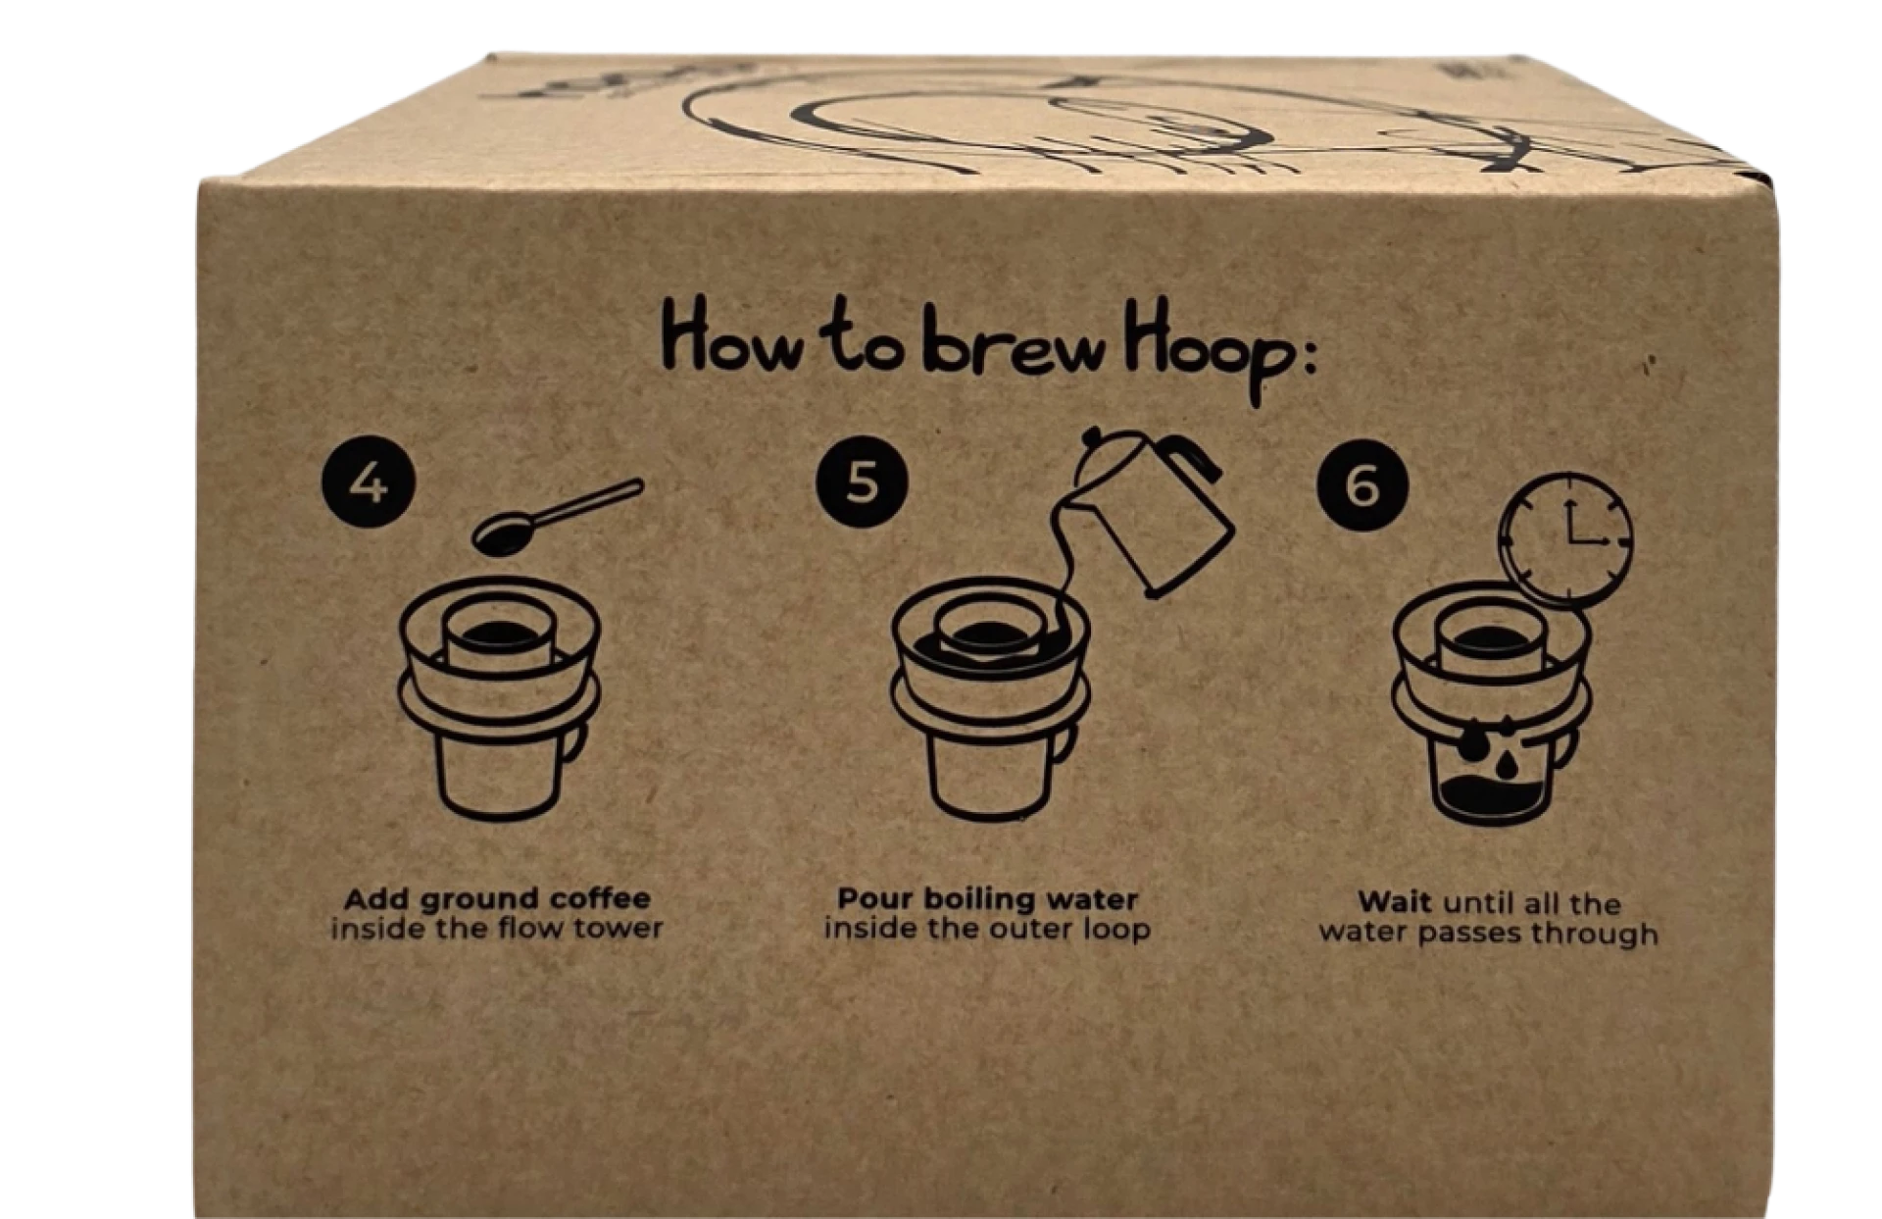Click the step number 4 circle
coord(369,484)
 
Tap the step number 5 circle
coord(862,482)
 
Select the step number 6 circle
coord(1363,485)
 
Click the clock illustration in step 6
coord(1565,539)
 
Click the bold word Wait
coord(1394,901)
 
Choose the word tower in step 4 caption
coord(619,928)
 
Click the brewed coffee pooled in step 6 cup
coord(1491,795)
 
